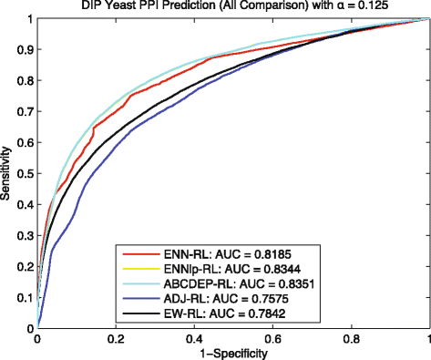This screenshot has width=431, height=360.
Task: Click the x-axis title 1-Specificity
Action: click(233, 353)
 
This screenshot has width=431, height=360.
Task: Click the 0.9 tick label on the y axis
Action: click(24, 49)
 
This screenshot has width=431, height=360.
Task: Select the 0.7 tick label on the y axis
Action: click(24, 111)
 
